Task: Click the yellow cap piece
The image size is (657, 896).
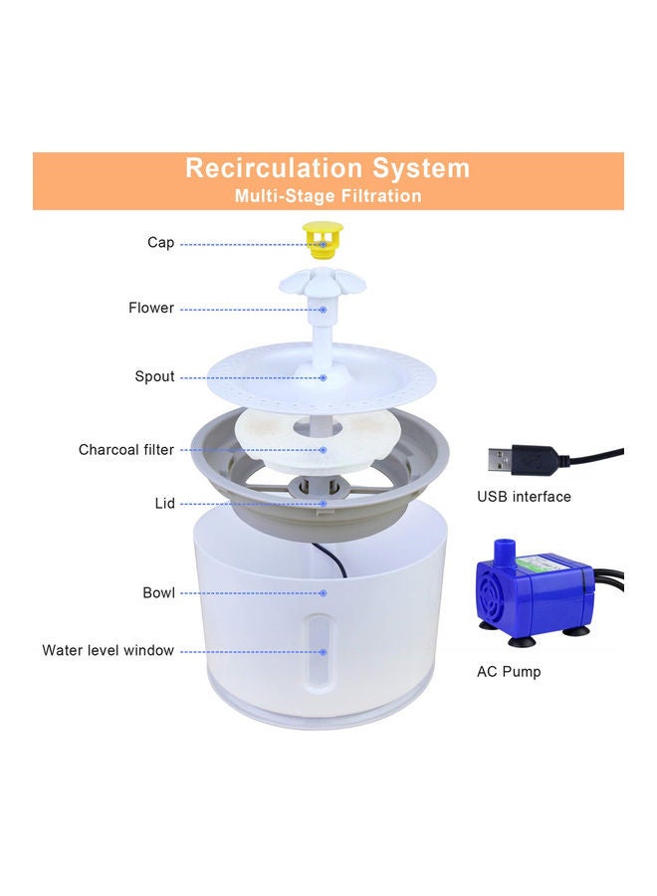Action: point(323,239)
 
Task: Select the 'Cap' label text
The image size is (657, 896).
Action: point(160,242)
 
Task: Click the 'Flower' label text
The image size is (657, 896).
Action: point(151,308)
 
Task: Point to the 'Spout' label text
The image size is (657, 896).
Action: point(155,376)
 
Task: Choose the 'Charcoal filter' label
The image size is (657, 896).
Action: point(126,450)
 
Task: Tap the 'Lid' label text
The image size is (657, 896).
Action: point(165,504)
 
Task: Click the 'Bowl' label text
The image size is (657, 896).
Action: point(159,592)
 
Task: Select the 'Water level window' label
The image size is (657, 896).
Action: point(108,650)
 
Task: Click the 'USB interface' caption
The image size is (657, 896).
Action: point(524,497)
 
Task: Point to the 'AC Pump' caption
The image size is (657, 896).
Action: point(509,671)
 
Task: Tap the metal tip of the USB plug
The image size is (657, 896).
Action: point(499,460)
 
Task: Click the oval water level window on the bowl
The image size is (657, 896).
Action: point(319,650)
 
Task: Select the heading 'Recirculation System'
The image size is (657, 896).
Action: point(328,168)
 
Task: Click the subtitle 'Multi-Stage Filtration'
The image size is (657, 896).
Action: point(328,196)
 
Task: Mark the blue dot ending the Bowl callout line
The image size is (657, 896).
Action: point(324,593)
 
